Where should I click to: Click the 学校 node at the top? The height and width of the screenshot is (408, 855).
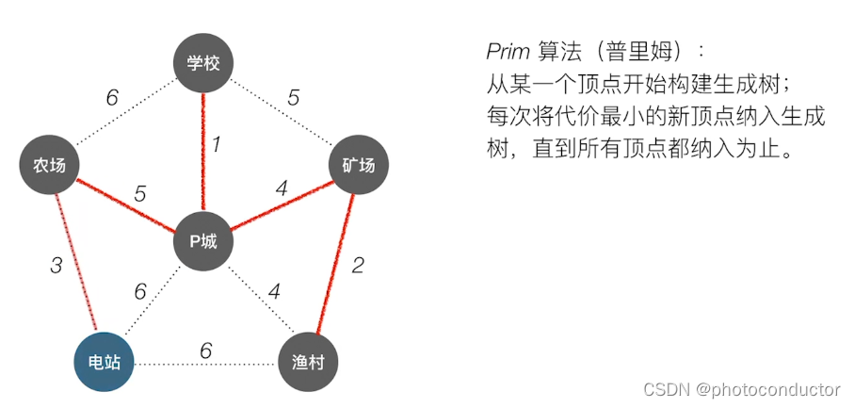(x=203, y=64)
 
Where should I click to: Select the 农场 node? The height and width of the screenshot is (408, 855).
(x=50, y=166)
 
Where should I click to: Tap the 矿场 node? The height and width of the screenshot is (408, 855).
(x=358, y=166)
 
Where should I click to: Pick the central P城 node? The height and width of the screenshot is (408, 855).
(x=203, y=240)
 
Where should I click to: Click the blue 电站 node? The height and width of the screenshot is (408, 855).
(x=104, y=362)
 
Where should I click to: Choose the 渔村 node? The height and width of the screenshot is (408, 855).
(x=308, y=362)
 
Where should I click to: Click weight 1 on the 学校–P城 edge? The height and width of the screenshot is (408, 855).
(x=216, y=145)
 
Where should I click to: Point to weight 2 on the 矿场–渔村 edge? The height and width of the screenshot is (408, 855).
(x=357, y=265)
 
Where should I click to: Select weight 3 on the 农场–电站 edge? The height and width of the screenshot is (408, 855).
(x=56, y=265)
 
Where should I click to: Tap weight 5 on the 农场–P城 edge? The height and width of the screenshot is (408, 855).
(x=140, y=194)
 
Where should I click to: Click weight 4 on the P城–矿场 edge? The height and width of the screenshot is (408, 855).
(x=281, y=189)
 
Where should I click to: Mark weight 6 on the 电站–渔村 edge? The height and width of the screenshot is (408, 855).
(x=205, y=351)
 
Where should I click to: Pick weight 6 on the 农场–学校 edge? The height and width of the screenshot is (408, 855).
(x=112, y=98)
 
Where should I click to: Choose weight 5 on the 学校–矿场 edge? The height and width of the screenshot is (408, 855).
(x=294, y=98)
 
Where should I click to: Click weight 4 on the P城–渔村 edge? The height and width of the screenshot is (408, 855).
(x=274, y=291)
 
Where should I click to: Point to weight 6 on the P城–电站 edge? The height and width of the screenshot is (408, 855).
(x=140, y=291)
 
